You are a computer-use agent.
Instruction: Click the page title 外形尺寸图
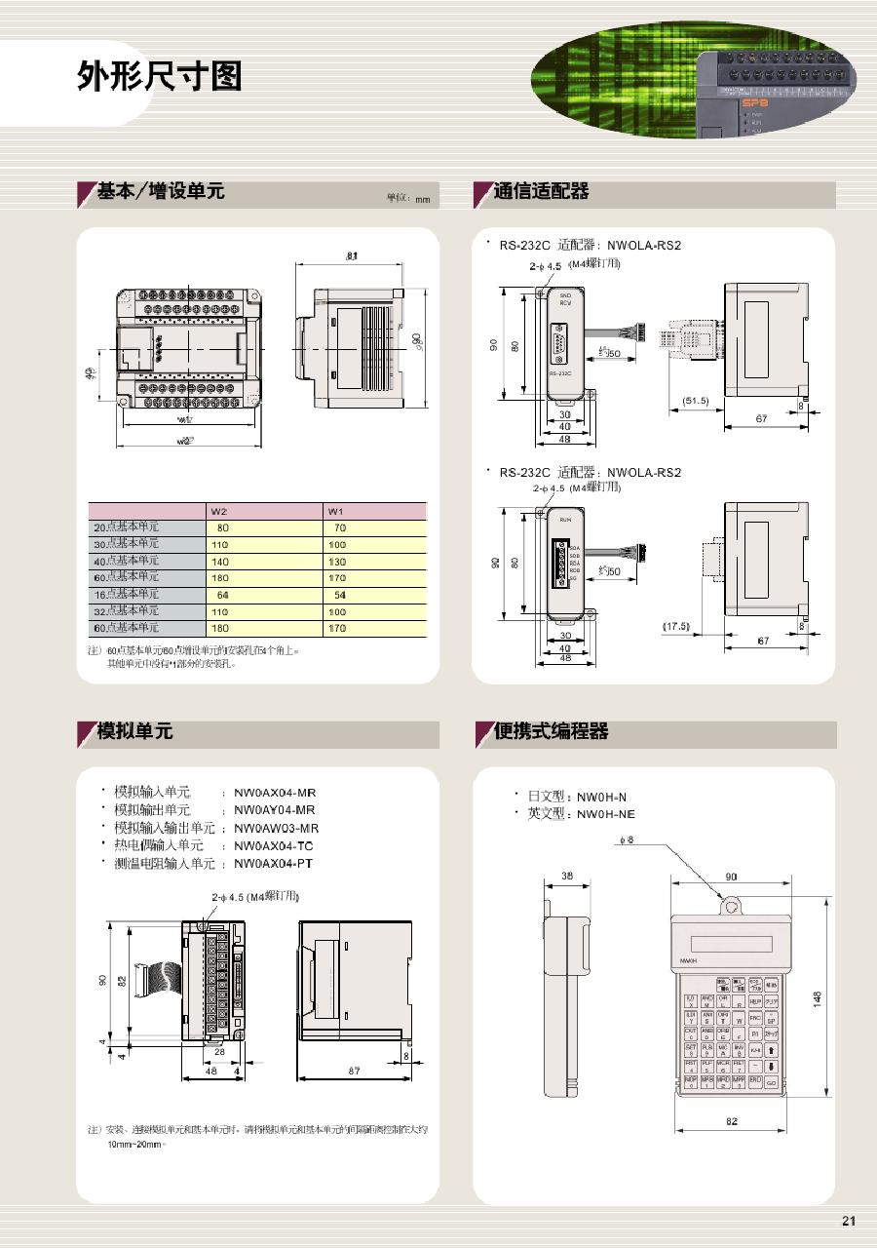159,76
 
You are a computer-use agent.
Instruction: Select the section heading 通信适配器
542,192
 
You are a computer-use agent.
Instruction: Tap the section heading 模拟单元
134,730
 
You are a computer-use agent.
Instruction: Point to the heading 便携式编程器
551,730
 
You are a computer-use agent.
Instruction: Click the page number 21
848,1221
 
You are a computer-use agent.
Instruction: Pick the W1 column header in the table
336,511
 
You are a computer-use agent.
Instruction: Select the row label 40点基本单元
126,561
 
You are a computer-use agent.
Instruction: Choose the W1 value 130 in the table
337,562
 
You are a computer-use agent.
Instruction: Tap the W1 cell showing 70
339,527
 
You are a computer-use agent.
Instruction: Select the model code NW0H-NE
605,814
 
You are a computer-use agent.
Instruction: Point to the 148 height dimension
818,996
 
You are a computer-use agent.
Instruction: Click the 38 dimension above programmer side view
567,876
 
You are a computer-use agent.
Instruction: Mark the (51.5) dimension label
696,401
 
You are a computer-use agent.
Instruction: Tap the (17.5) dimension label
675,626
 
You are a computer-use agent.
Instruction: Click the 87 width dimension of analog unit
354,1071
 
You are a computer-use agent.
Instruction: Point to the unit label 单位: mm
408,199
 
